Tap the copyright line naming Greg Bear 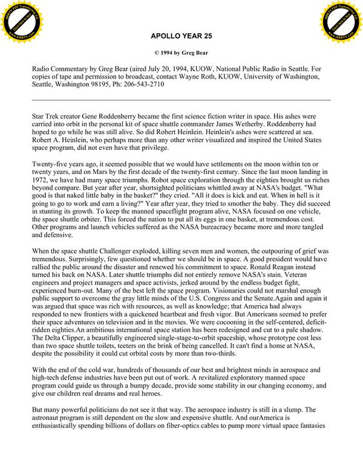pos(181,53)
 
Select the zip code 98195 pos(104,85)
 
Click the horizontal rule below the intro pos(181,99)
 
